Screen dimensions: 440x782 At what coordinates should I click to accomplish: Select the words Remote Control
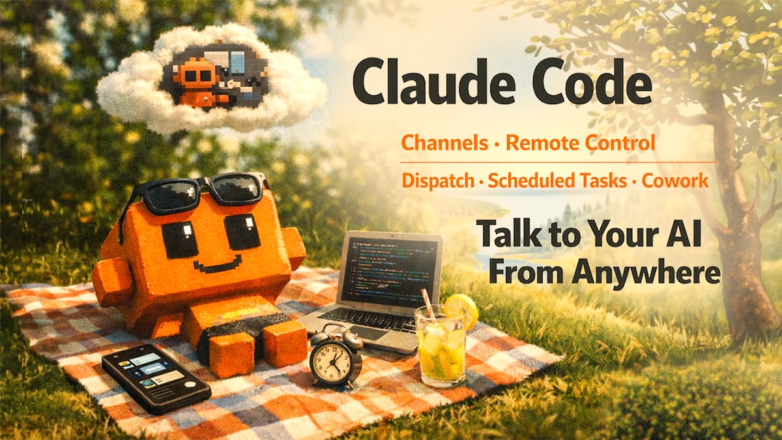[x=580, y=143]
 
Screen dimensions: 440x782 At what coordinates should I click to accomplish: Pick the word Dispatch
[x=438, y=181]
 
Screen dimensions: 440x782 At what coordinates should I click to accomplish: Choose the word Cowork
[x=675, y=181]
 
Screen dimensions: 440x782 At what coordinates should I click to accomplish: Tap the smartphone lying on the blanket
[x=156, y=376]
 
